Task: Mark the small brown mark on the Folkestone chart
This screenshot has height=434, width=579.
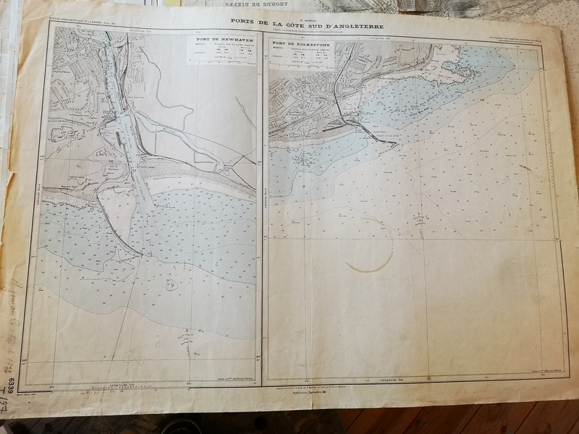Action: (523, 168)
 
